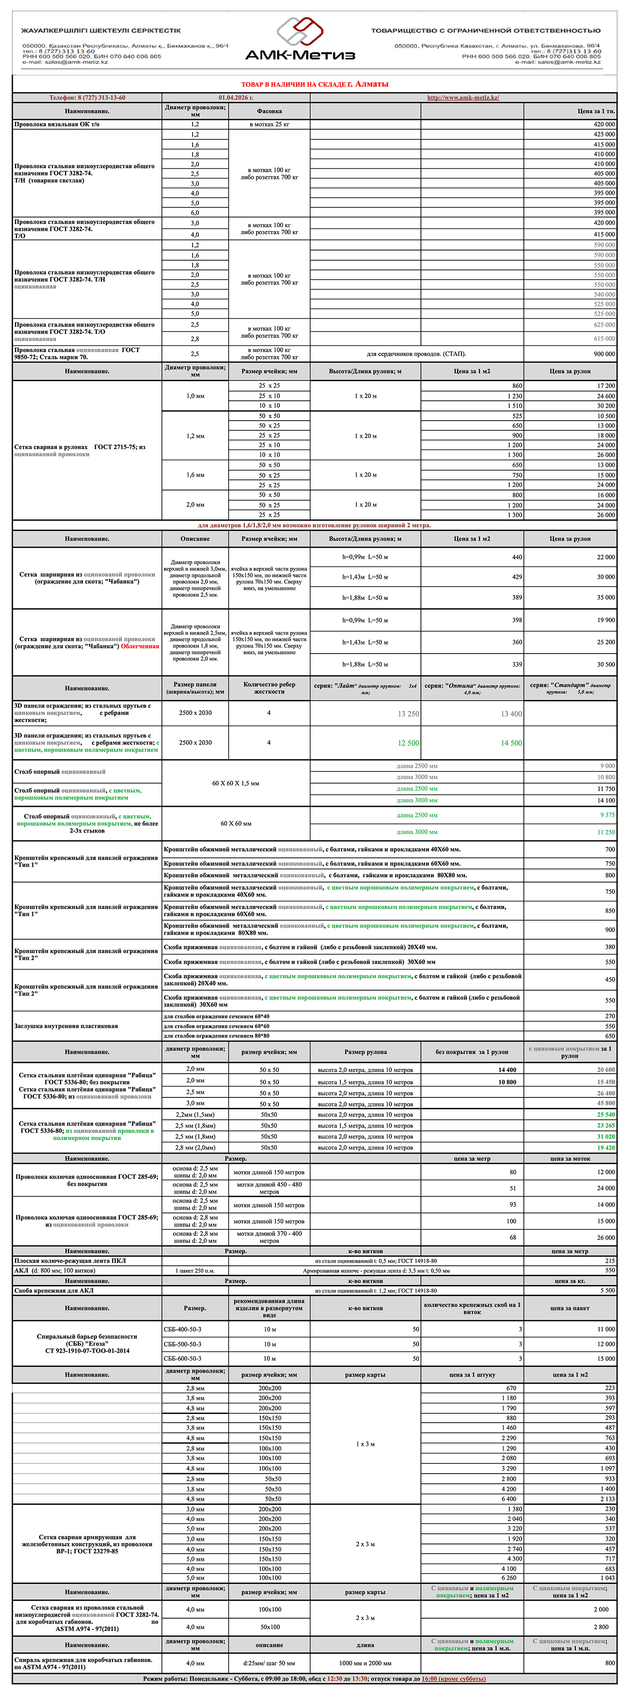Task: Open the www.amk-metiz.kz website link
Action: tap(463, 98)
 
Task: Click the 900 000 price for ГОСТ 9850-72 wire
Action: tap(604, 353)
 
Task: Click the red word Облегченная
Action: tap(139, 646)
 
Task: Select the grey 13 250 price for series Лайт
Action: tap(408, 714)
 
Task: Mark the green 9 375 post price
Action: tap(607, 815)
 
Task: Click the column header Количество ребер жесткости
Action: tap(269, 688)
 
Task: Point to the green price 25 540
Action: tap(605, 1115)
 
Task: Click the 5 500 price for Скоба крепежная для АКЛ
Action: tap(606, 1290)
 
